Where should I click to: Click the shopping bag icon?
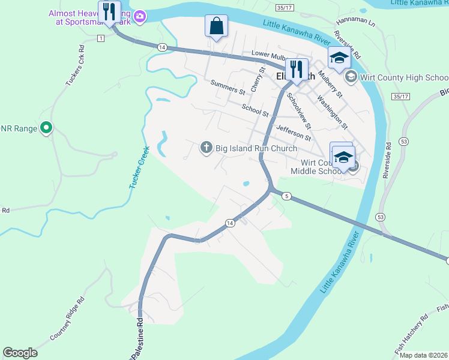coord(216,26)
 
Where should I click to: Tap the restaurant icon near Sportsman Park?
coord(109,11)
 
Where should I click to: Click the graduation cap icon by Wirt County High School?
coord(339,58)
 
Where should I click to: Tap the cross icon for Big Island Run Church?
coord(206,148)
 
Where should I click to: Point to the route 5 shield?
coord(288,196)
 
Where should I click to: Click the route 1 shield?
coord(100,38)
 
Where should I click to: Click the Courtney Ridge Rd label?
coord(67,319)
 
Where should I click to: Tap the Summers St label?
coord(228,88)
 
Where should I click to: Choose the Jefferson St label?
coord(294,132)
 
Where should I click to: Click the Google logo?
coord(20,353)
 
